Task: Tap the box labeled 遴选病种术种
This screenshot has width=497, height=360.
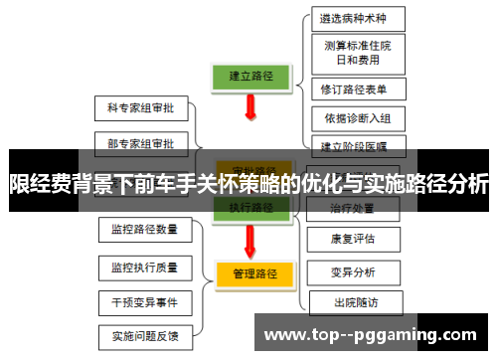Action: [x=357, y=18]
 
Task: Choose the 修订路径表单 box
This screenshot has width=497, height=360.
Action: [x=357, y=89]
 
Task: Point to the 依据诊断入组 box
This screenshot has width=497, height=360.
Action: [x=357, y=118]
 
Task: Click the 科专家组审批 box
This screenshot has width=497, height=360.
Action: [x=139, y=106]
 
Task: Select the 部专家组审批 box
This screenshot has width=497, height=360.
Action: [x=139, y=143]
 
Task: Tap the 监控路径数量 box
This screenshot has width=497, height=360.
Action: [x=145, y=230]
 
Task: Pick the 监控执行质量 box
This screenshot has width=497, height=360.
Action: [x=145, y=267]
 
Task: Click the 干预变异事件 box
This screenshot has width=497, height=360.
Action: [x=145, y=301]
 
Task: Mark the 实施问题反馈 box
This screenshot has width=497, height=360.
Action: [x=145, y=336]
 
